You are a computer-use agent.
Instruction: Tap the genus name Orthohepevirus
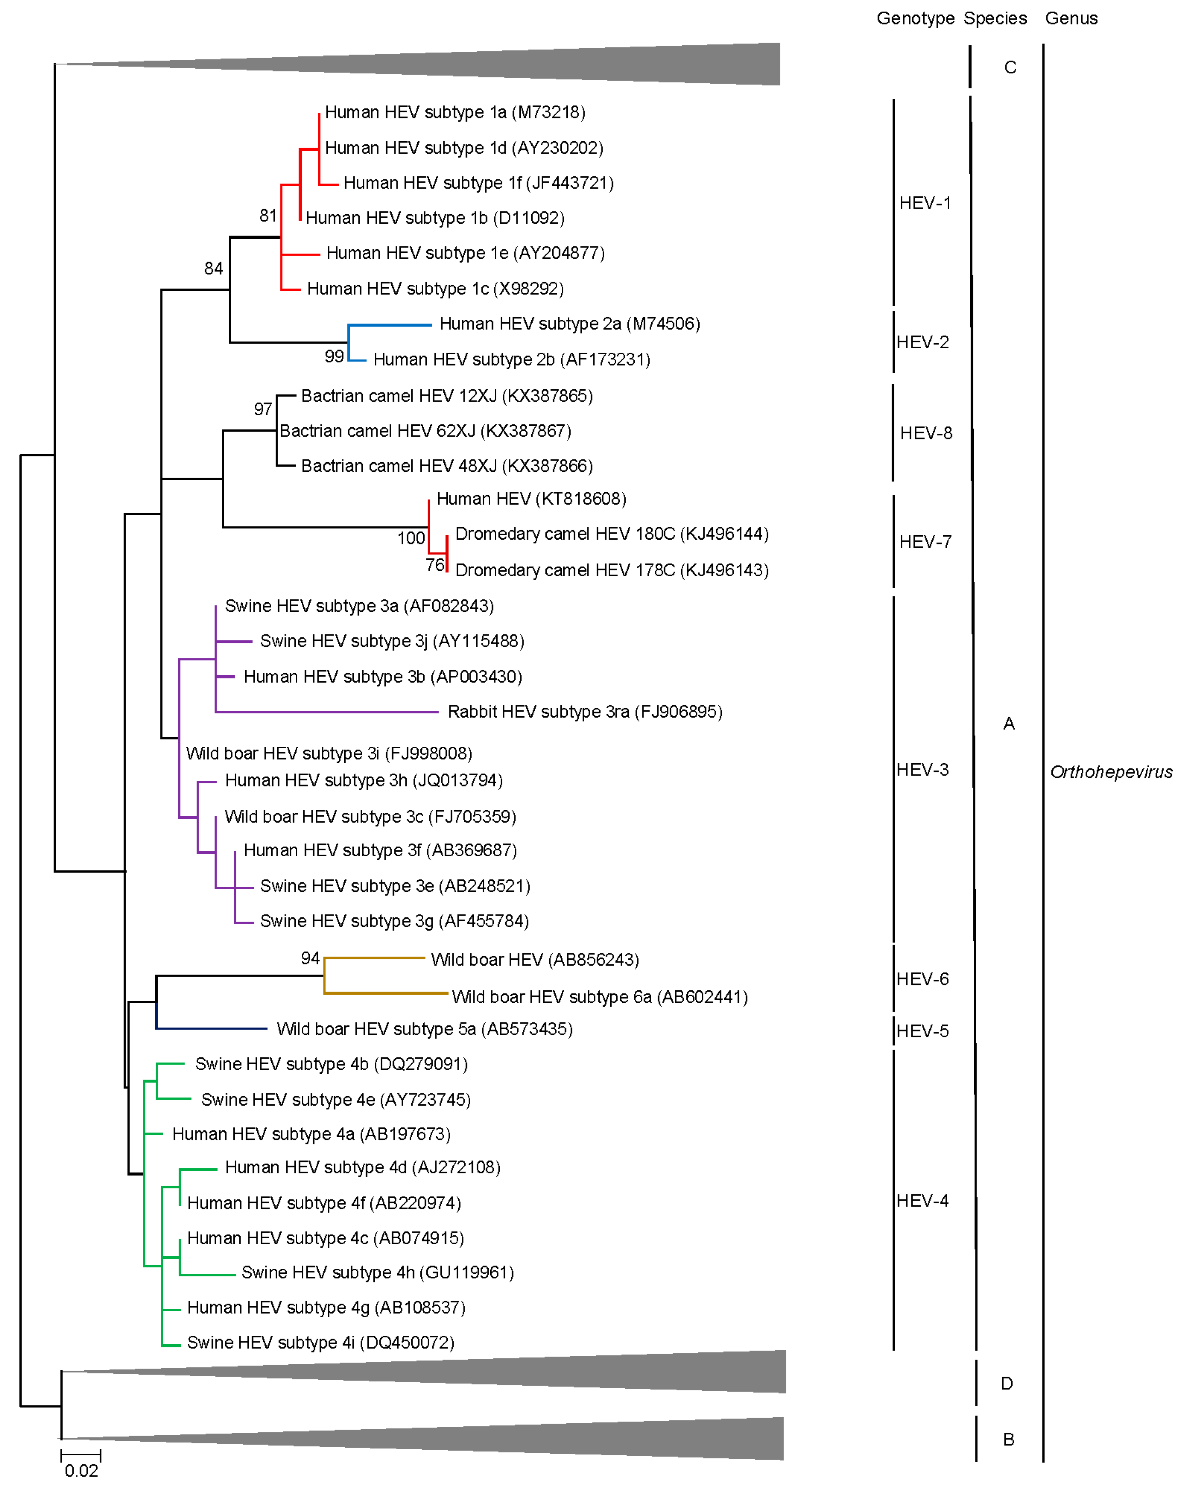1110,772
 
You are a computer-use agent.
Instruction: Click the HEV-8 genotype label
926,433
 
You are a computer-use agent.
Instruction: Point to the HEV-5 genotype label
922,1031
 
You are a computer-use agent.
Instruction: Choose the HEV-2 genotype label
922,342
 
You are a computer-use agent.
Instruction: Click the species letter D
1006,1384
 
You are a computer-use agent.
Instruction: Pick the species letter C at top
1010,67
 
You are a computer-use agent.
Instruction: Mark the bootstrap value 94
310,958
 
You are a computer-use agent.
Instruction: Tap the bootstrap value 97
262,410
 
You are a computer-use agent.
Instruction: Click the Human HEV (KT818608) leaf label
531,499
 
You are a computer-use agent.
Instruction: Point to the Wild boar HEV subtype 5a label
424,1029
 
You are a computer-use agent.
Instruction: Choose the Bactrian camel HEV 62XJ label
425,431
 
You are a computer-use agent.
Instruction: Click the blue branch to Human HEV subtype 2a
390,325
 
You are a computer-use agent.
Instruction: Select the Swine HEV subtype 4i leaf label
320,1343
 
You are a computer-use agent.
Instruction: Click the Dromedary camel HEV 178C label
612,570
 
